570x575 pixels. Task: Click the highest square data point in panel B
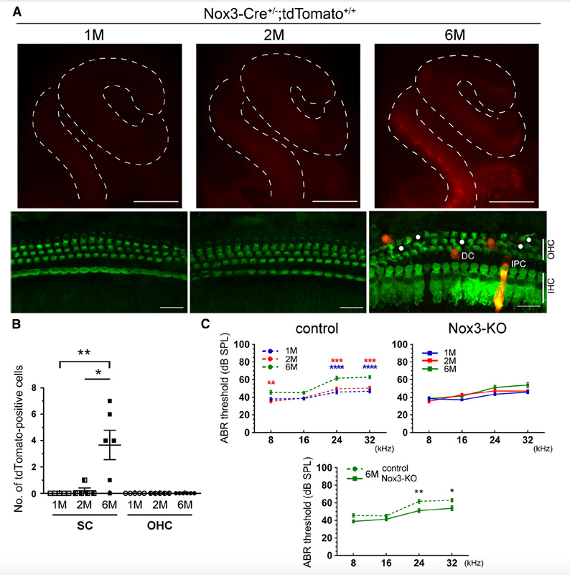[x=111, y=400]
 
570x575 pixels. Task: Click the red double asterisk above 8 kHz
[x=270, y=383]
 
